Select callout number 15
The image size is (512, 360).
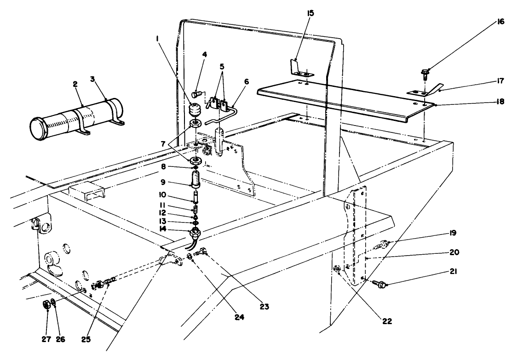point(311,13)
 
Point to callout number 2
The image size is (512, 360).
point(75,84)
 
